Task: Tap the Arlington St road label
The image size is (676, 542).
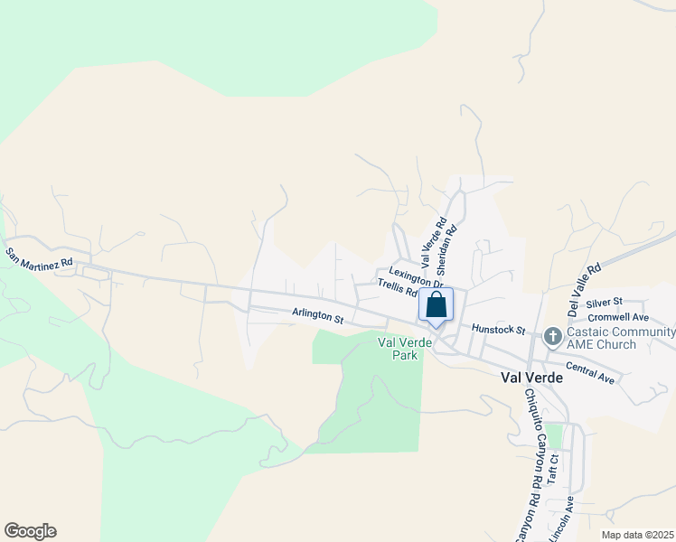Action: [x=318, y=316]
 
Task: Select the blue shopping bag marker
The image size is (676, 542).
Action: [x=436, y=306]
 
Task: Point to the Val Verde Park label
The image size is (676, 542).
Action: [x=399, y=349]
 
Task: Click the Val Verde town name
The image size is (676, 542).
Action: [x=531, y=378]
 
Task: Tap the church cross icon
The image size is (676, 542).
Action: [x=552, y=337]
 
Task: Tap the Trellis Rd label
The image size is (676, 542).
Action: [x=397, y=288]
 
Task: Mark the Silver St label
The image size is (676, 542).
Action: [x=605, y=301]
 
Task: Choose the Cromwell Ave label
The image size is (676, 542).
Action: [x=618, y=317]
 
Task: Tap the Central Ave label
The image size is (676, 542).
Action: [x=590, y=373]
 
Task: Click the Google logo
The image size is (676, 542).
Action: [x=30, y=531]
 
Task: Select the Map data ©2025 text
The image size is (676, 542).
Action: [x=636, y=535]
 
